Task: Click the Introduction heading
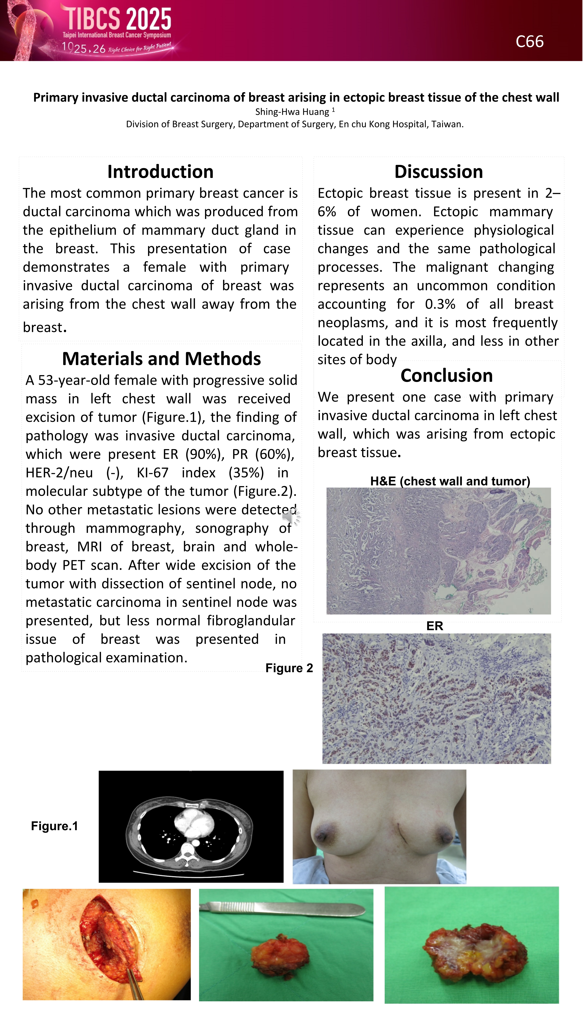tap(160, 172)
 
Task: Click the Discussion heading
tap(438, 172)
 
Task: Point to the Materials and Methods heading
tap(162, 358)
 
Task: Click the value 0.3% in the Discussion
tap(440, 304)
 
